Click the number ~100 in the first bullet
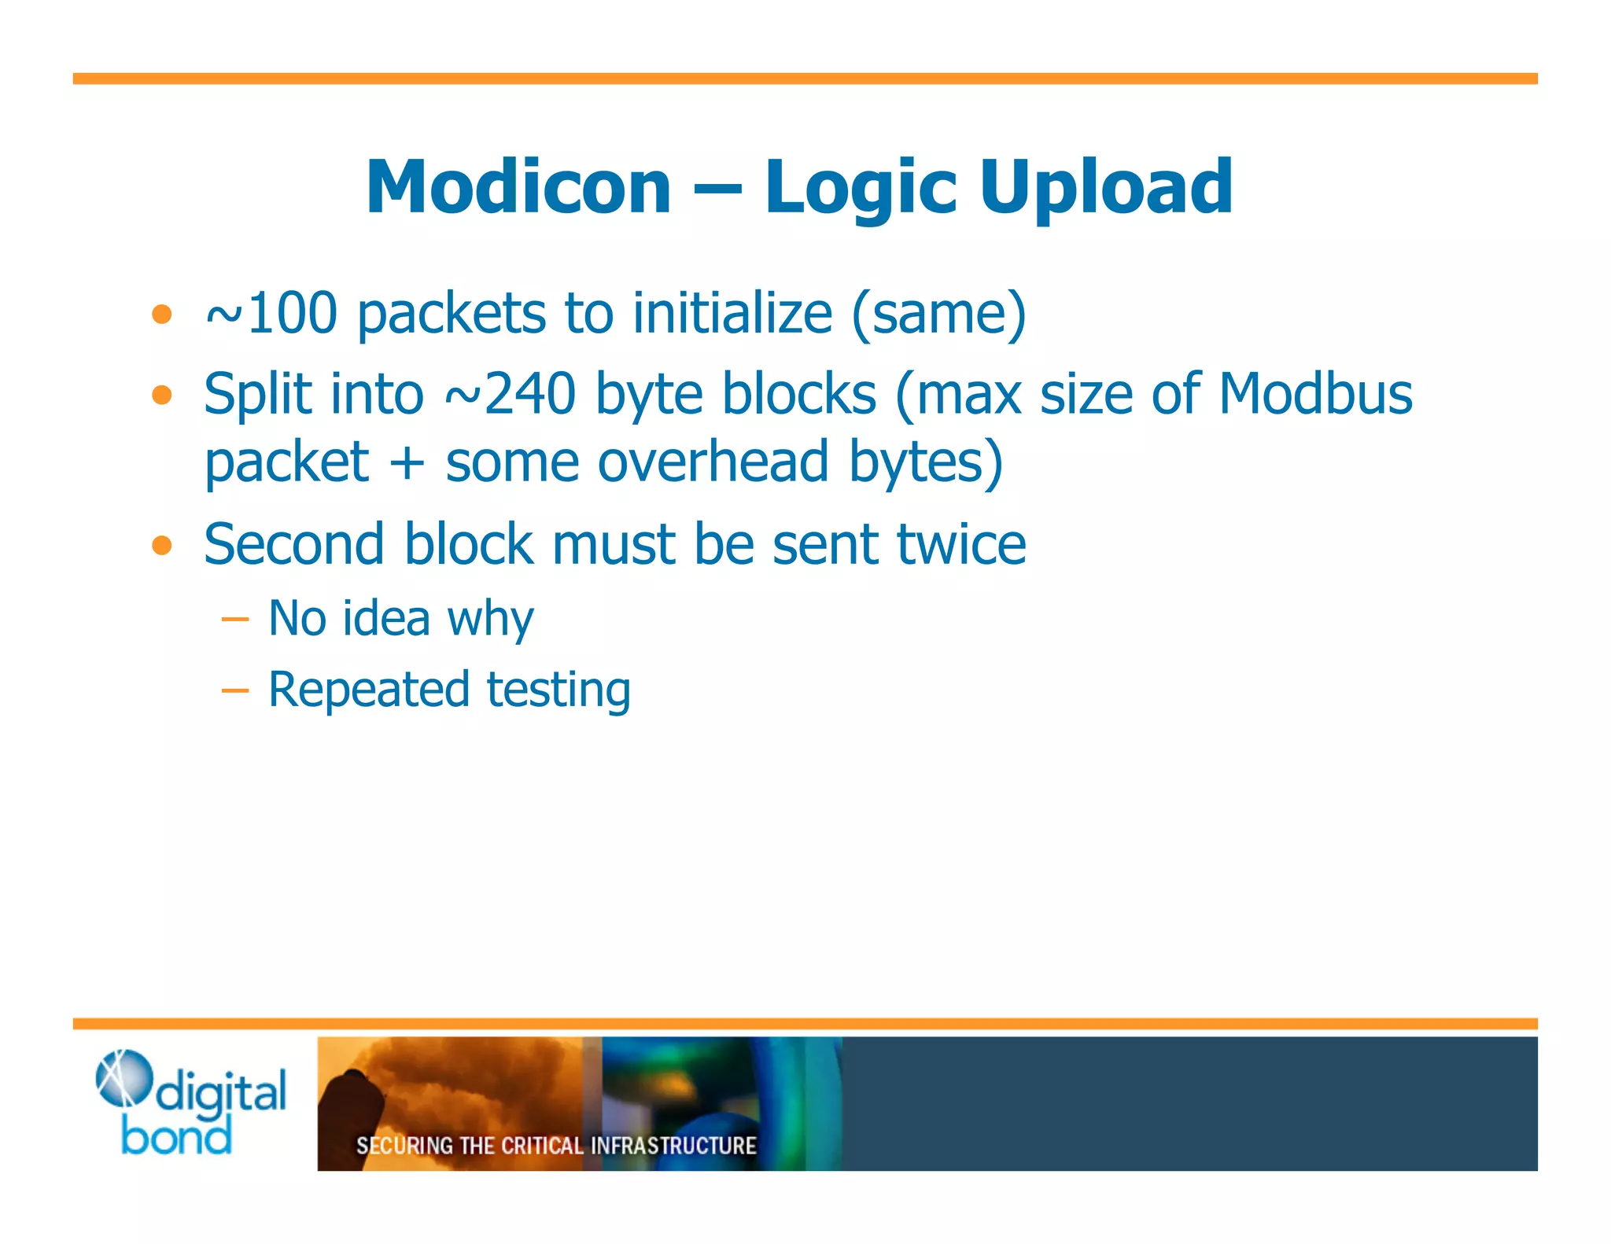271,313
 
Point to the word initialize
732,313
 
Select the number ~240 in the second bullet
511,393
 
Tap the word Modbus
1315,393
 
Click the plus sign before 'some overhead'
407,462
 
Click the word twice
961,544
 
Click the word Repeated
369,690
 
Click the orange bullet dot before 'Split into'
162,394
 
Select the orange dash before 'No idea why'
234,620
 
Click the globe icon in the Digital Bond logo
123,1077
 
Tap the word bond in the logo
177,1136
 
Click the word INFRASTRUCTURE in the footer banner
673,1146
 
